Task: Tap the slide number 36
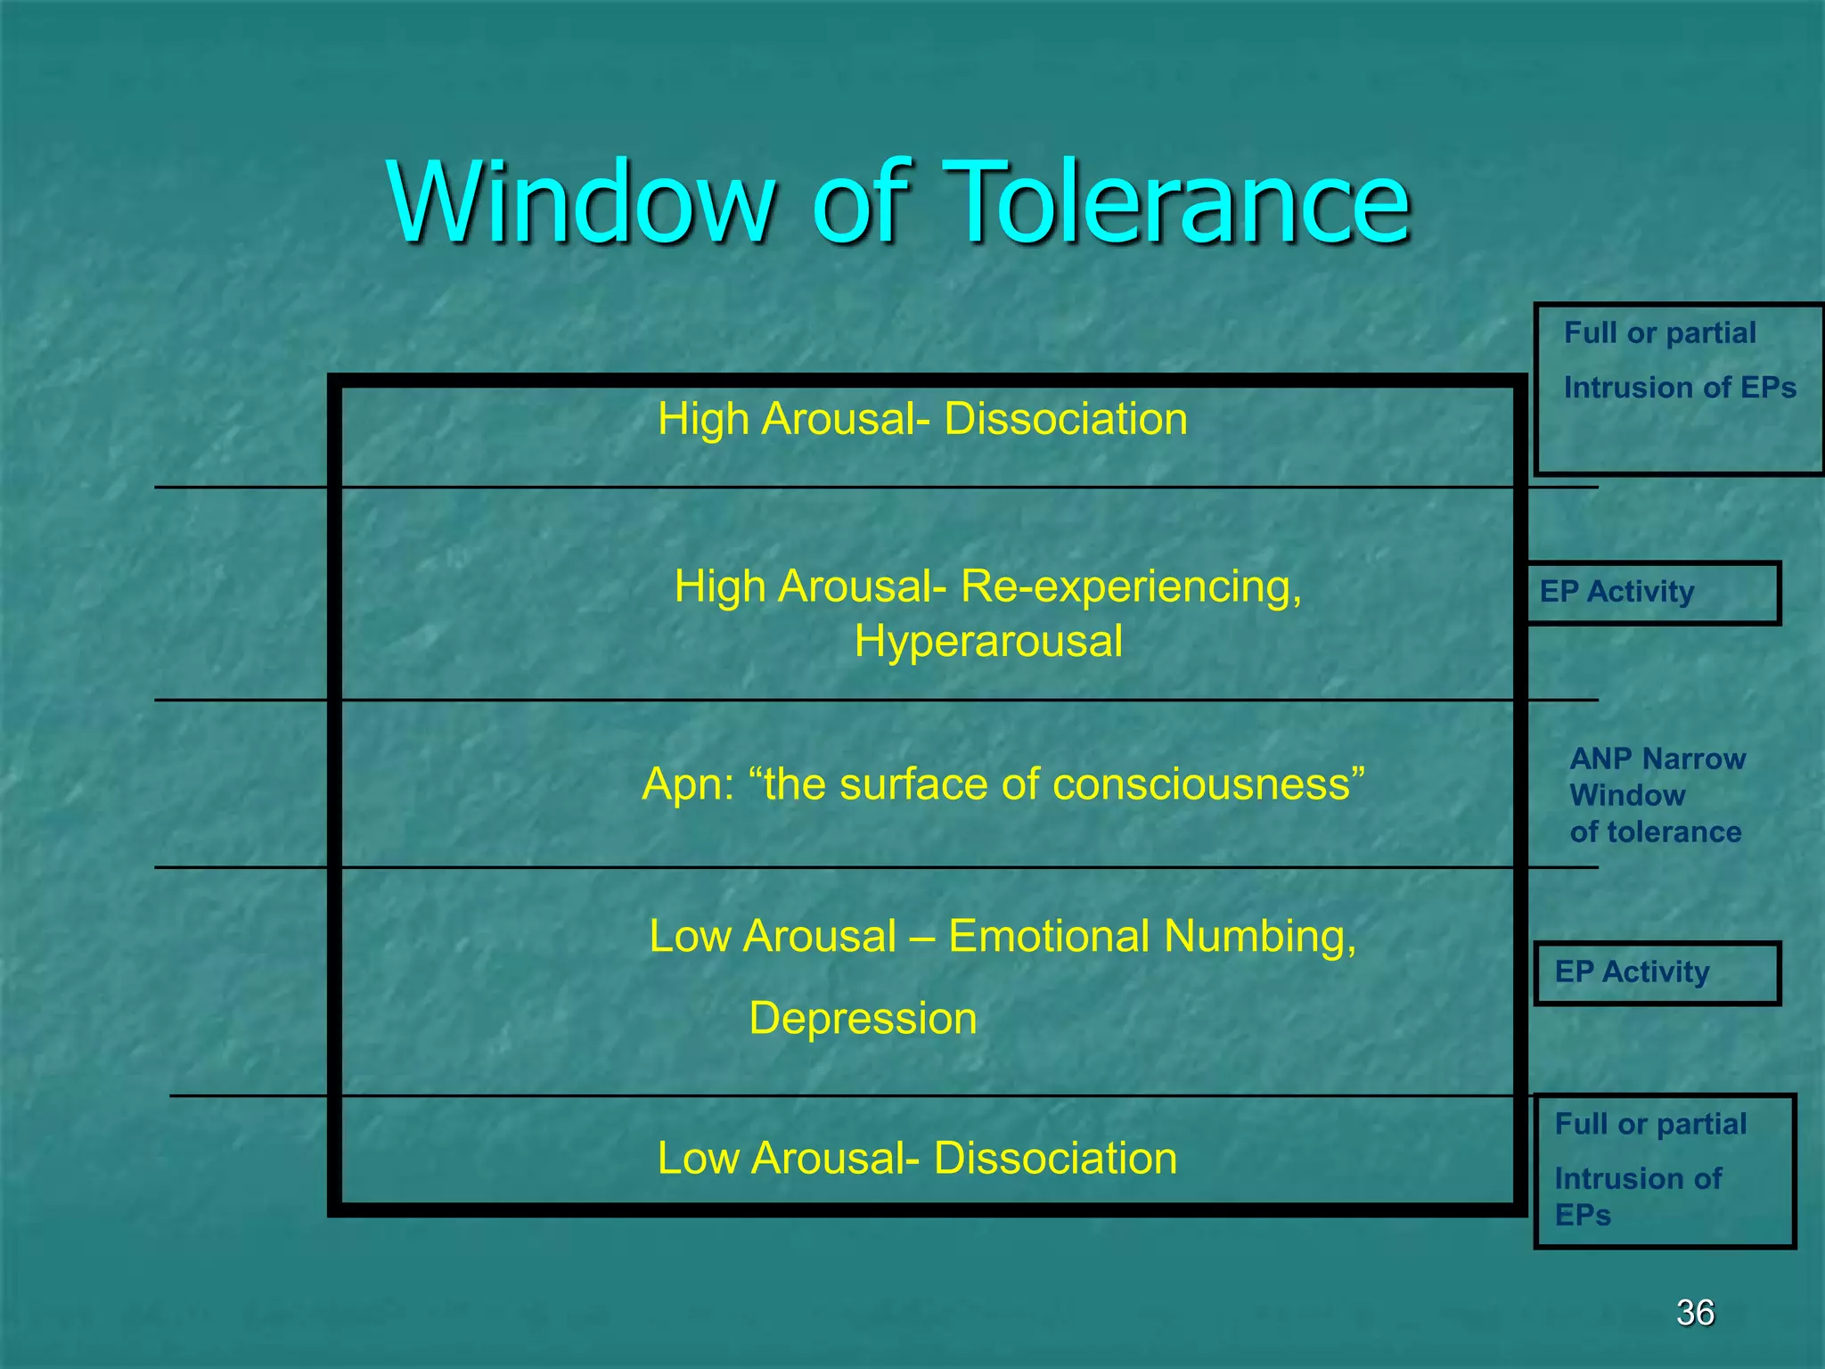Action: [1694, 1312]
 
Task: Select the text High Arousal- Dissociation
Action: [922, 419]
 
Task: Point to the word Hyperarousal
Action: [987, 641]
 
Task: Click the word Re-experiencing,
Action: [1131, 586]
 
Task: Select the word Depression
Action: [863, 1018]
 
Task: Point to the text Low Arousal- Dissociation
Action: [917, 1158]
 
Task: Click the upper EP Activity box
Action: [1653, 592]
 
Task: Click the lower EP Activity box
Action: [1657, 972]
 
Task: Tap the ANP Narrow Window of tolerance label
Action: [1657, 795]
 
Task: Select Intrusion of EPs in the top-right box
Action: [1680, 388]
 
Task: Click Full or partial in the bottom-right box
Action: [1650, 1124]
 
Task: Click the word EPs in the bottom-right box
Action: [1583, 1215]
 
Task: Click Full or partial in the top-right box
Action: [1659, 332]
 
